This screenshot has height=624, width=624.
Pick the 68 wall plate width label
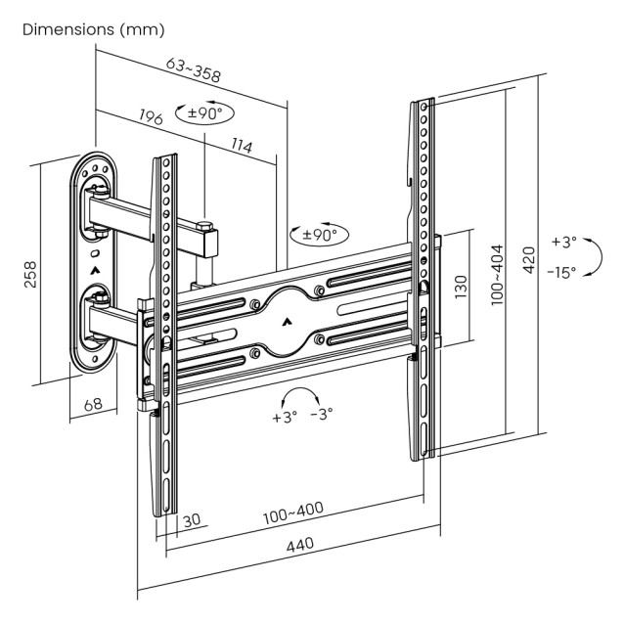click(93, 404)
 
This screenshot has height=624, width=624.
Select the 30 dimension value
click(193, 519)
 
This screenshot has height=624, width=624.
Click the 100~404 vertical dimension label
click(498, 275)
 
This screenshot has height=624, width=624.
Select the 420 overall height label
click(528, 262)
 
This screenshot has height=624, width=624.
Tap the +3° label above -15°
click(563, 241)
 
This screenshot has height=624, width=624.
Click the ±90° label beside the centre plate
click(320, 235)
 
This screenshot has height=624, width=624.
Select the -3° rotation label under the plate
click(321, 413)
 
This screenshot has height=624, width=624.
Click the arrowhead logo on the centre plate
click(286, 321)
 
